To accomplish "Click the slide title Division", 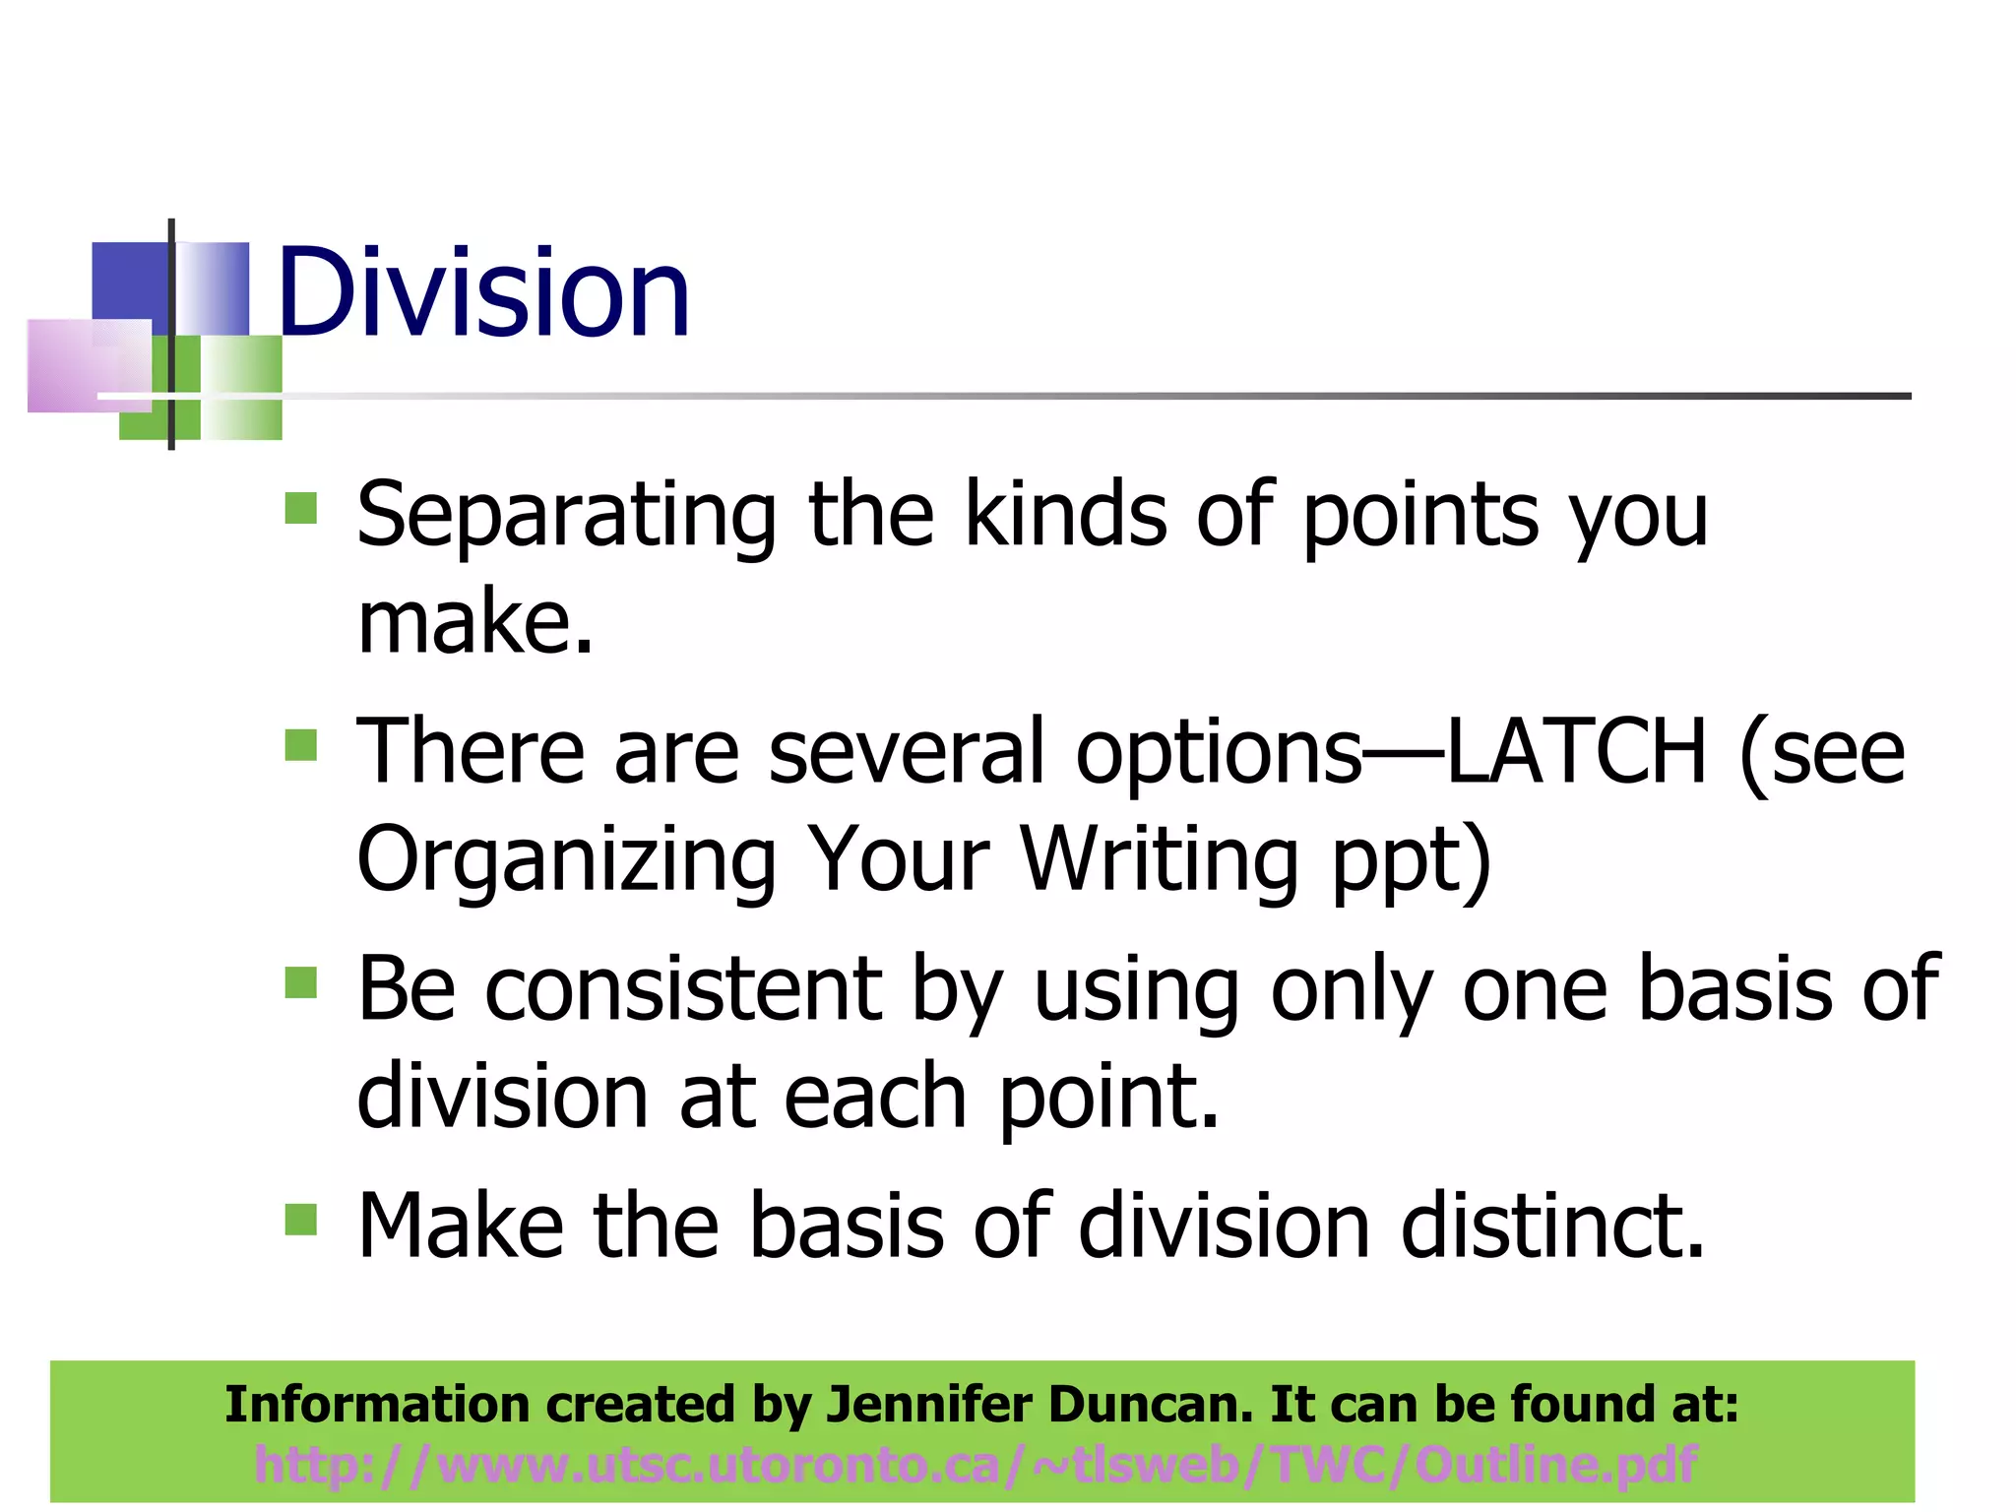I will pos(483,293).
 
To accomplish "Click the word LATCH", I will pos(1575,752).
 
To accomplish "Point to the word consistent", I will pos(683,989).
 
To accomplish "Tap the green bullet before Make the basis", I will pos(301,1220).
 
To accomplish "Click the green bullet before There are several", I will pos(301,745).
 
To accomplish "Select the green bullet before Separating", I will pos(301,508).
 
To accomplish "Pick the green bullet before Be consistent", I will pos(301,982).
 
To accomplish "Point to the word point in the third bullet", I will pos(1108,1098).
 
